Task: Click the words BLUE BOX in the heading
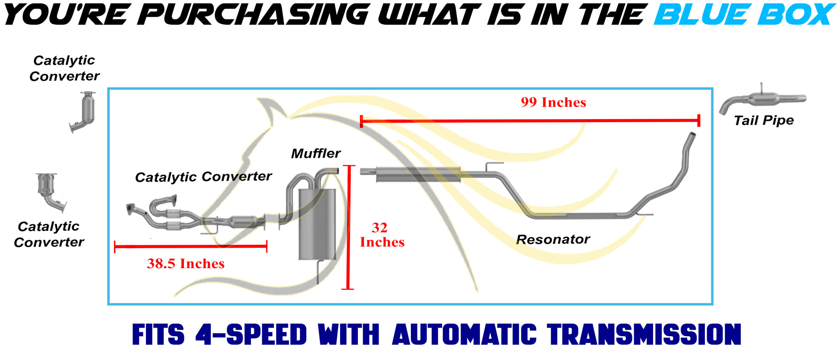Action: (x=744, y=14)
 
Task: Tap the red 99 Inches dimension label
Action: (x=553, y=102)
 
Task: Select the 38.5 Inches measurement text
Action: (x=186, y=263)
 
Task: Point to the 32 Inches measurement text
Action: (x=382, y=235)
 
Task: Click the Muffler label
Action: (x=316, y=153)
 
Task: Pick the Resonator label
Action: (x=553, y=239)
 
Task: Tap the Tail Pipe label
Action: (x=764, y=120)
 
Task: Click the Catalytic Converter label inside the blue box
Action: (x=203, y=177)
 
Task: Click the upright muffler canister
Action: (x=317, y=224)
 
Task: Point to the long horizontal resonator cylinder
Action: (x=418, y=174)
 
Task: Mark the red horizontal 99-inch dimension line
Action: (x=530, y=121)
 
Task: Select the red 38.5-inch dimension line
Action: (x=190, y=246)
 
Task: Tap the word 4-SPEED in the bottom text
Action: (x=251, y=335)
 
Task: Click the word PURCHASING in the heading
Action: (x=256, y=14)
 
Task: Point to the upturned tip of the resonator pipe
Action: (x=692, y=135)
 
